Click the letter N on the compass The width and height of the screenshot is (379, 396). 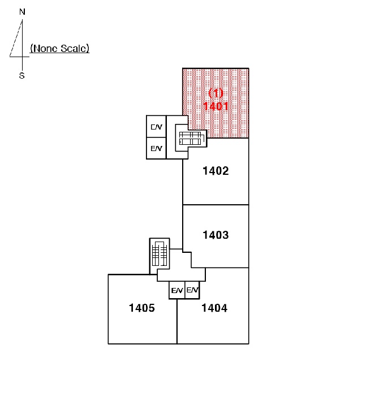click(22, 12)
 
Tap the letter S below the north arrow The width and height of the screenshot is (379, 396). click(22, 75)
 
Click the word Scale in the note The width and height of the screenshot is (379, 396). click(74, 48)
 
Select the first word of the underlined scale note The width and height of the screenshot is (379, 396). click(44, 48)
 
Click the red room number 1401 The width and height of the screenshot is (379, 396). click(216, 106)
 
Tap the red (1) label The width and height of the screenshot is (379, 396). click(216, 93)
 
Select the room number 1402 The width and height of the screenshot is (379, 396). click(216, 171)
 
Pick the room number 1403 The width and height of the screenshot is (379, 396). click(216, 235)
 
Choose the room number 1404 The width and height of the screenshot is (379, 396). click(214, 308)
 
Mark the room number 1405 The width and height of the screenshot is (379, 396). click(141, 308)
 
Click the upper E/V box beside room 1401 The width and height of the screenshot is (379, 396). click(156, 127)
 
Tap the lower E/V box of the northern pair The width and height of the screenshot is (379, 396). click(156, 148)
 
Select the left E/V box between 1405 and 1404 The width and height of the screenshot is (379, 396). click(176, 290)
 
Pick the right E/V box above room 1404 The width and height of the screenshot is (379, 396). click(192, 290)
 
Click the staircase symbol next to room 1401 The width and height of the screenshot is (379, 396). click(191, 138)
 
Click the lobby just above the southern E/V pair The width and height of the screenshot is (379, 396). click(181, 275)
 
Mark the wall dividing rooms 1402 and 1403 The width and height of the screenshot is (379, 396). click(216, 205)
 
